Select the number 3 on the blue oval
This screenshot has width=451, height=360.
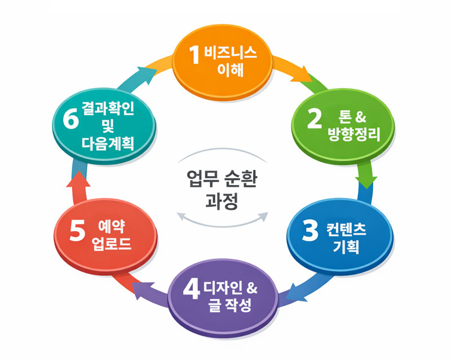tap(310, 231)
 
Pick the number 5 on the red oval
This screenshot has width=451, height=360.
tap(77, 231)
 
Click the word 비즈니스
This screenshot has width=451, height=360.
tap(231, 53)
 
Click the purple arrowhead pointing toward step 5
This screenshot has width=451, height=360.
tap(143, 288)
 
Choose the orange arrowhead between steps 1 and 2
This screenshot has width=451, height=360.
tap(302, 76)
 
